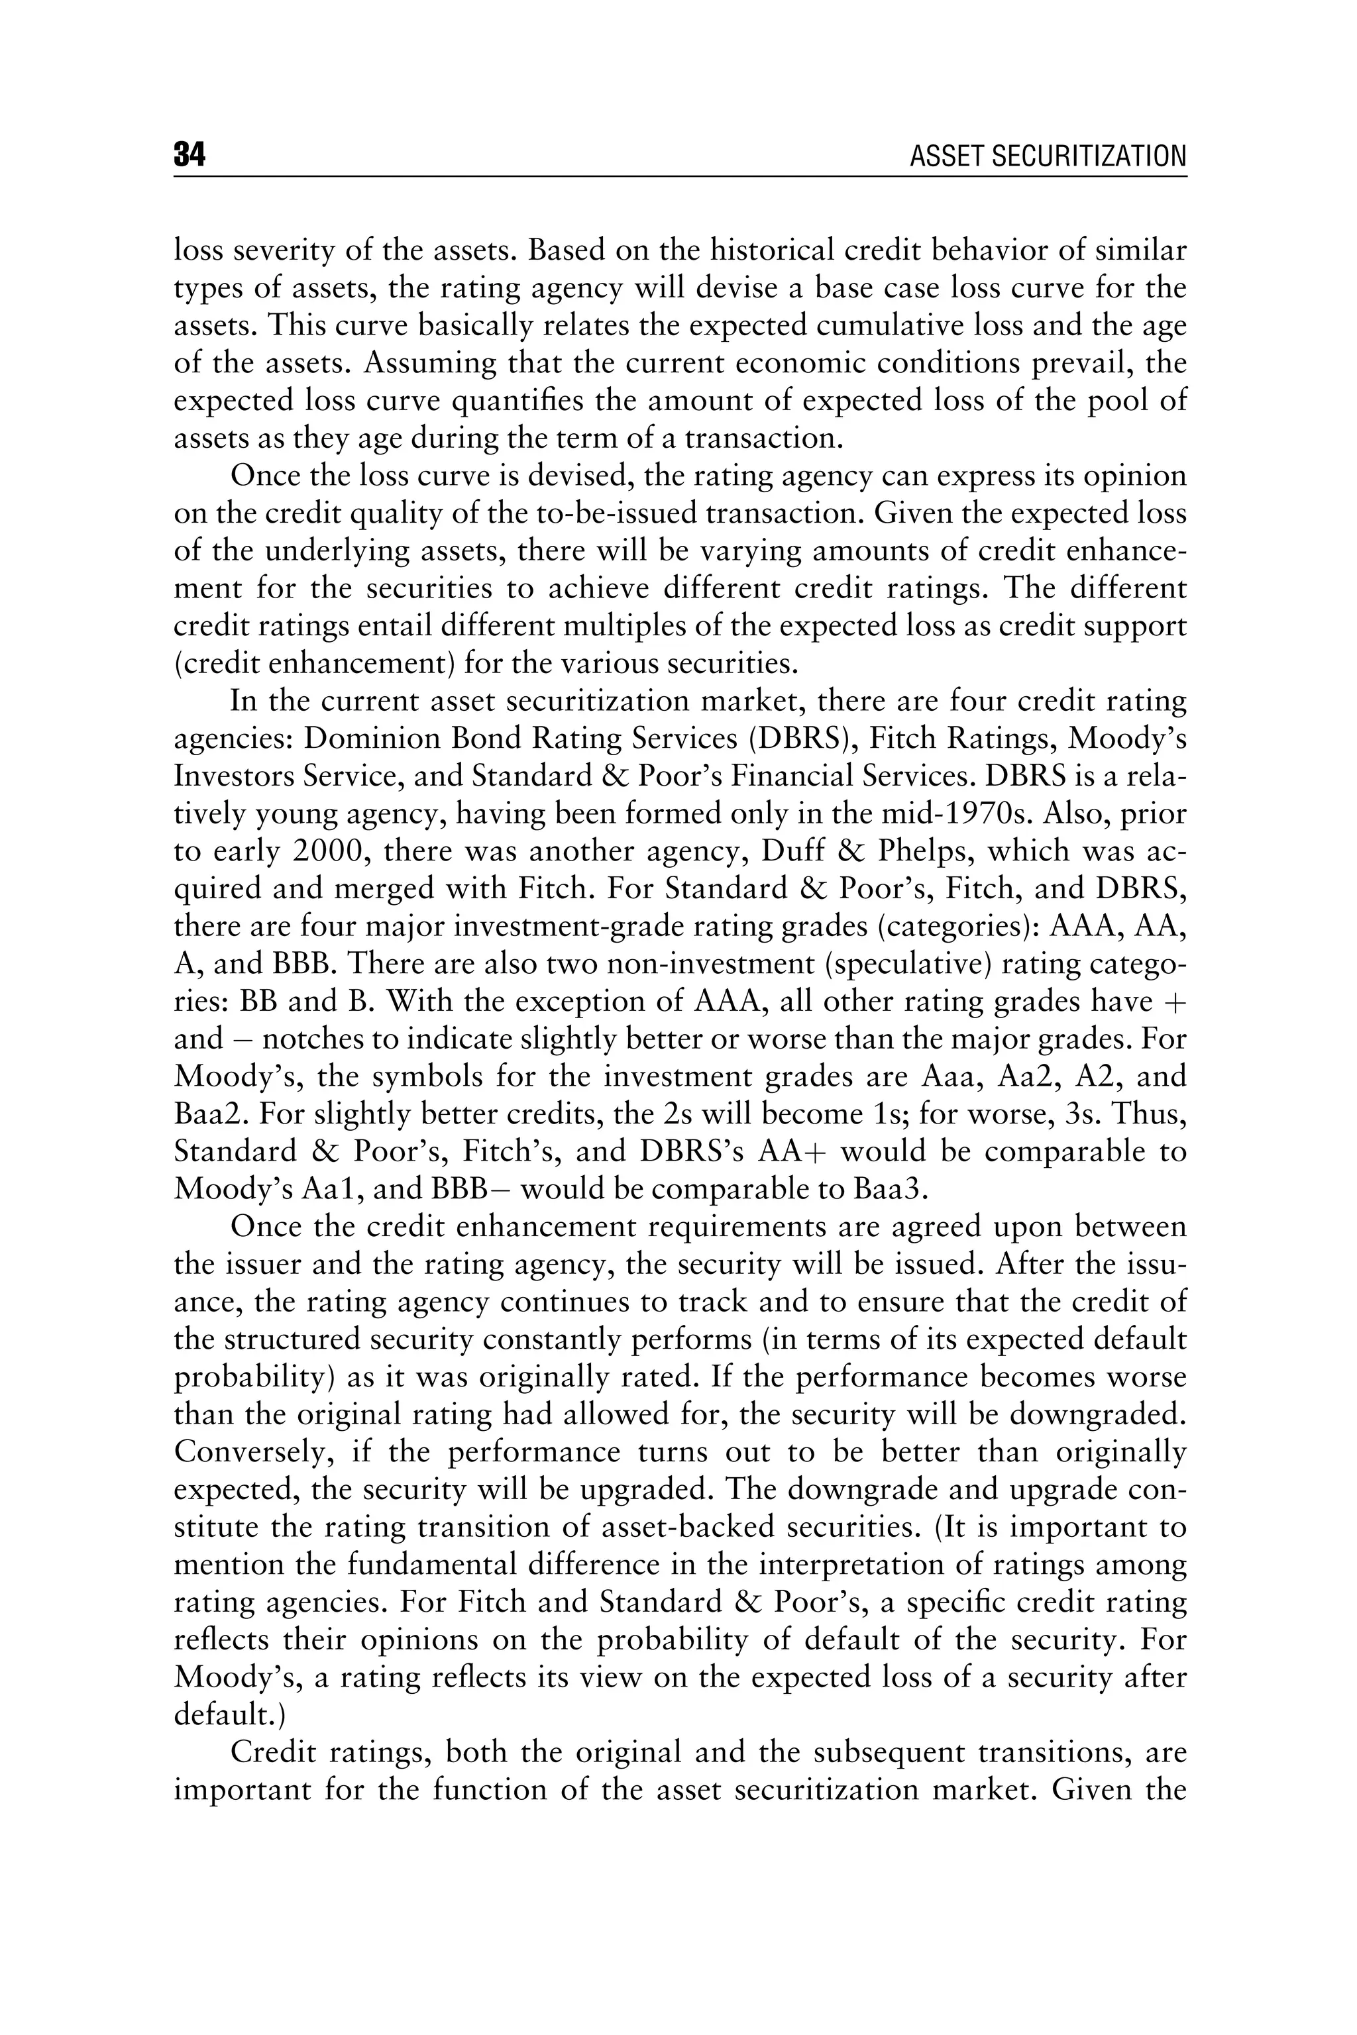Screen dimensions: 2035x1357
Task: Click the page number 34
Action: point(190,156)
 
